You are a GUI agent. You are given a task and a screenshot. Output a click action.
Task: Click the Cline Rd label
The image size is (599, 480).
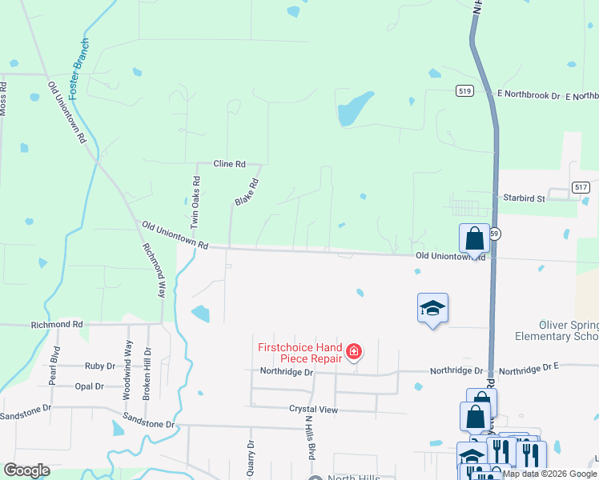pyautogui.click(x=229, y=164)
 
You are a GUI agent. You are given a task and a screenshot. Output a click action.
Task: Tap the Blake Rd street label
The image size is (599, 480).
pyautogui.click(x=247, y=192)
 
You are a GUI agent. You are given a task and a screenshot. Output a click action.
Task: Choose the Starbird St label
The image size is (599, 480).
pyautogui.click(x=524, y=197)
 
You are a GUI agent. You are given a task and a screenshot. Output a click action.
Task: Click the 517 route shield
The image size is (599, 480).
pyautogui.click(x=581, y=186)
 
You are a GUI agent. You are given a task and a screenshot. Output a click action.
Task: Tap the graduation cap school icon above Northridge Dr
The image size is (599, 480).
pyautogui.click(x=432, y=308)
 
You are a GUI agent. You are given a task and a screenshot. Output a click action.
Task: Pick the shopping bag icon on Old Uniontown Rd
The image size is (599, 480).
pyautogui.click(x=474, y=238)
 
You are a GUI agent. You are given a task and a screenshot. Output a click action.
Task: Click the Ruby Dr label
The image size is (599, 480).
pyautogui.click(x=100, y=366)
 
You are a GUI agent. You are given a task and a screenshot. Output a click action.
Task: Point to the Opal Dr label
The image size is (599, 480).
pyautogui.click(x=89, y=386)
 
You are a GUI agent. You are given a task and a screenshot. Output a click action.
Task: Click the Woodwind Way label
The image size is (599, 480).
pyautogui.click(x=127, y=369)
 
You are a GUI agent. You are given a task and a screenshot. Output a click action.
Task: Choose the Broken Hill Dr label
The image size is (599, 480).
pyautogui.click(x=147, y=374)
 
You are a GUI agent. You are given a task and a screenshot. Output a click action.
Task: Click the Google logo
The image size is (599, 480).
pyautogui.click(x=27, y=470)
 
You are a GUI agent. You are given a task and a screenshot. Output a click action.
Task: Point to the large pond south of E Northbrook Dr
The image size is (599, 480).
pyautogui.click(x=354, y=109)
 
